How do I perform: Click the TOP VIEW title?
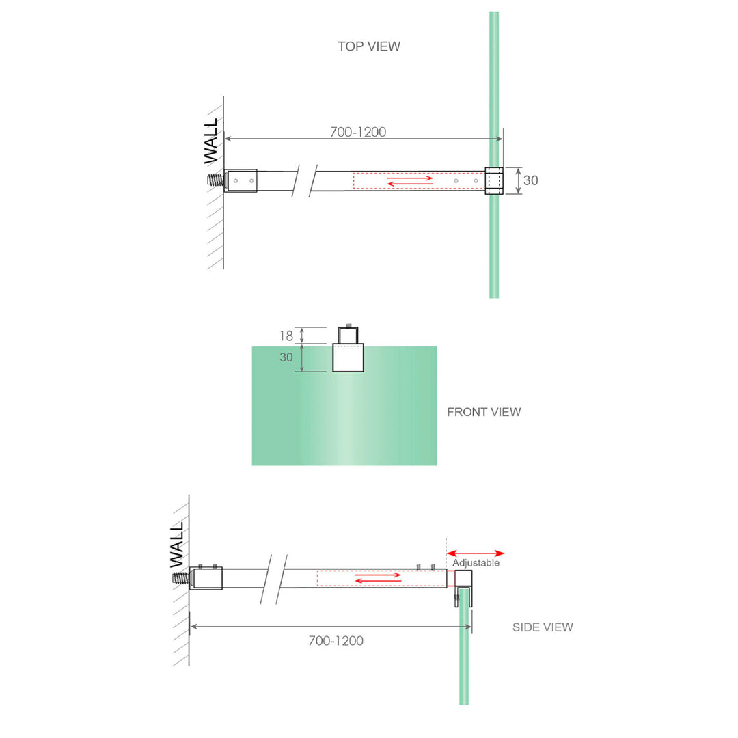(368, 46)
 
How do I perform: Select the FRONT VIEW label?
(484, 412)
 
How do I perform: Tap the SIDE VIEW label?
(543, 627)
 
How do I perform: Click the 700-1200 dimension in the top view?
(358, 132)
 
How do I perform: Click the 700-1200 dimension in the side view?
(336, 641)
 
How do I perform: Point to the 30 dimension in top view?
(530, 180)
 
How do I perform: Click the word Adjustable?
(476, 563)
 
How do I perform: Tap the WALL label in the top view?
(212, 140)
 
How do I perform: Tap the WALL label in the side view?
(177, 545)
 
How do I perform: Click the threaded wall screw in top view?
(215, 181)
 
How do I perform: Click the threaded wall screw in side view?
(180, 578)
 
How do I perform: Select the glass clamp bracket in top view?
(493, 180)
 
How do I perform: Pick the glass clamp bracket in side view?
(463, 581)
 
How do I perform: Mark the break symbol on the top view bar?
(305, 181)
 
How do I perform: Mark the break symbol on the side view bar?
(272, 578)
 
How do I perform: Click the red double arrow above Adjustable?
(476, 553)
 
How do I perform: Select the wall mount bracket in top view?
(242, 181)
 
